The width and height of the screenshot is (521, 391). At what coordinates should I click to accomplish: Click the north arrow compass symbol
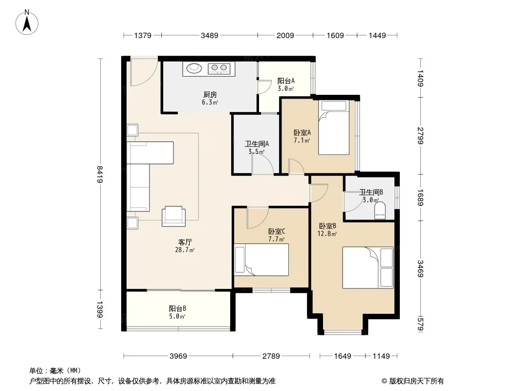tap(27, 22)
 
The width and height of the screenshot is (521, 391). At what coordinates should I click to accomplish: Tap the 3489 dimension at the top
tap(209, 35)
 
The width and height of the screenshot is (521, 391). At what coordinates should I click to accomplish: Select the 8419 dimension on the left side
tap(100, 174)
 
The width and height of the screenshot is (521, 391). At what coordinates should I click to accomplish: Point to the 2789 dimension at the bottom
tap(271, 356)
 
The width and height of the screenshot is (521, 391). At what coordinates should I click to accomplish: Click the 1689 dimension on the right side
tap(420, 197)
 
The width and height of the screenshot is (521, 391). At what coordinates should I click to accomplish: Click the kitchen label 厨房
tap(210, 95)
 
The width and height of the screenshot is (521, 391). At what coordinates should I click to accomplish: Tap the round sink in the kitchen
tap(194, 68)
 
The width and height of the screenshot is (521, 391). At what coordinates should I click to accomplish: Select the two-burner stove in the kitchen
tap(219, 69)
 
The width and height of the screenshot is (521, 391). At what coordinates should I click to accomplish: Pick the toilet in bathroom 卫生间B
tap(380, 210)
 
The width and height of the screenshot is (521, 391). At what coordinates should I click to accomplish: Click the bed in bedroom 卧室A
tap(334, 128)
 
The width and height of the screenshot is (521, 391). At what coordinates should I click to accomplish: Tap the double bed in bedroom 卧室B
tap(368, 267)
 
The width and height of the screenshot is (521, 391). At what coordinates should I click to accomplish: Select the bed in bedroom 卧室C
tap(261, 260)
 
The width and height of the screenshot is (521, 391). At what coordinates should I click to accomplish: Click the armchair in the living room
tap(174, 216)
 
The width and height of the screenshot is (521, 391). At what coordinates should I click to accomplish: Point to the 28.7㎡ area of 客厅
tap(185, 250)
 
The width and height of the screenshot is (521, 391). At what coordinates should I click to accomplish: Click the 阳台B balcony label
tap(177, 308)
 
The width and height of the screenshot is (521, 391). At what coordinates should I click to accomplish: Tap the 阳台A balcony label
tap(286, 81)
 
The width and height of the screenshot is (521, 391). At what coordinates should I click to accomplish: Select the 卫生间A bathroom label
tap(257, 144)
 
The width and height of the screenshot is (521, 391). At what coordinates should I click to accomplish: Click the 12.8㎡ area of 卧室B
tap(327, 234)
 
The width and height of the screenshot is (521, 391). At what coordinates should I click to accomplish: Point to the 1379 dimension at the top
tap(143, 35)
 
